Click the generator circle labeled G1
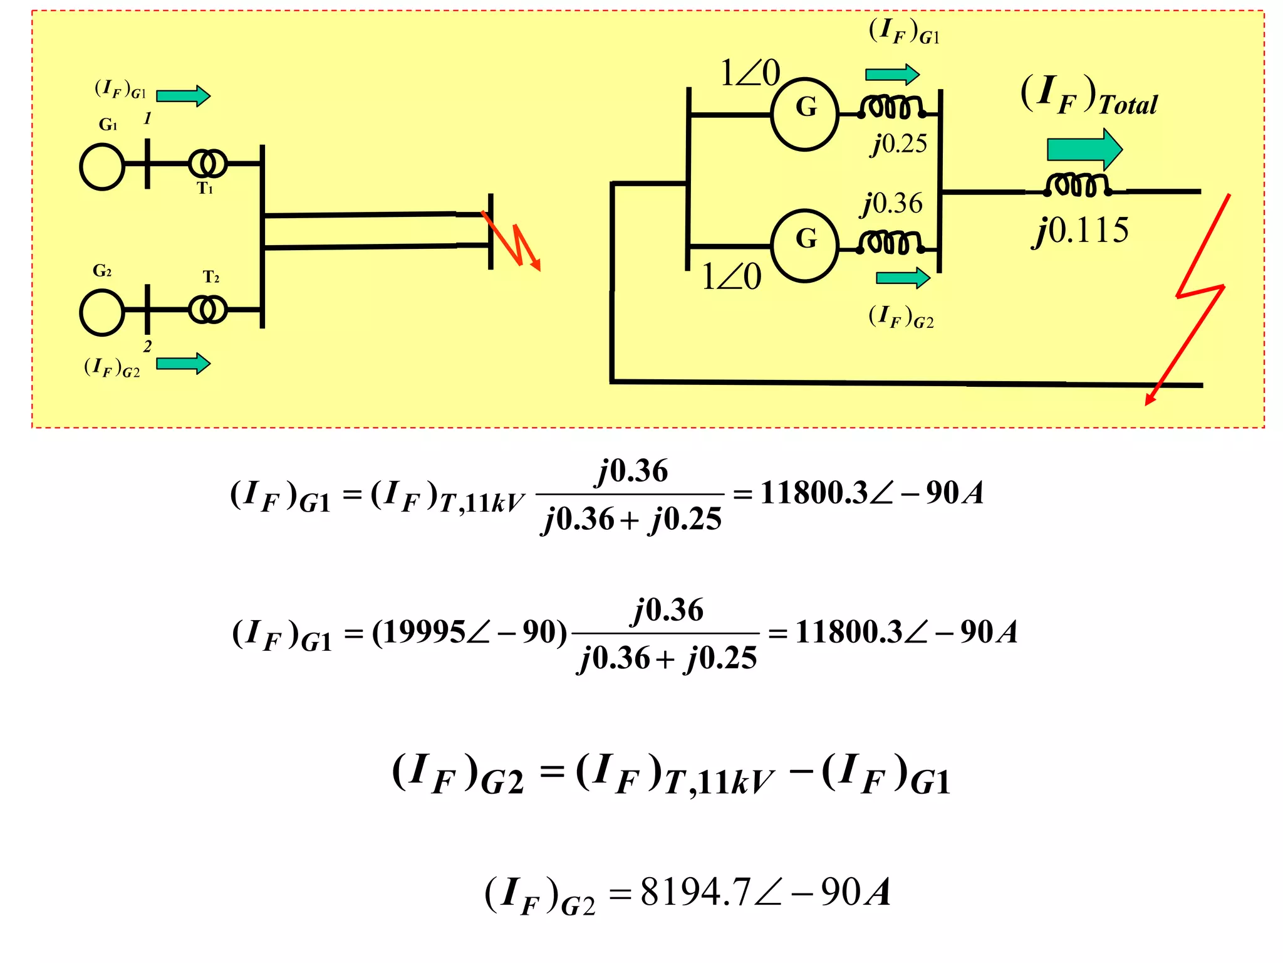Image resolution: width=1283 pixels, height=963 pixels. [x=102, y=166]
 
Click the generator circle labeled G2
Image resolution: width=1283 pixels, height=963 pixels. [x=102, y=312]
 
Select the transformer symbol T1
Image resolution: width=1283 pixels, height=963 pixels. [x=207, y=164]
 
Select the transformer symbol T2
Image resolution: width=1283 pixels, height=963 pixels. [x=207, y=310]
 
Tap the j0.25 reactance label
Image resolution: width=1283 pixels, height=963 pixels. [x=900, y=144]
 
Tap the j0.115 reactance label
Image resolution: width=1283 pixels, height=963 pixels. [x=1081, y=231]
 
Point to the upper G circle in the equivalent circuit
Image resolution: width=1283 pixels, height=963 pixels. [x=804, y=114]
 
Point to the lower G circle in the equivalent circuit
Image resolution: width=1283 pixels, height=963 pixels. [x=804, y=245]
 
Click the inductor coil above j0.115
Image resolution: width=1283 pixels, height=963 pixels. [x=1077, y=185]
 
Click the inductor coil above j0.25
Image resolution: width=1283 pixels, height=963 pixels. [x=892, y=107]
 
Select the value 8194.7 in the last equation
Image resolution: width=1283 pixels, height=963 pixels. [x=695, y=892]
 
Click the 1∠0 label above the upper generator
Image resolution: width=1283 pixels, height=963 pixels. [x=750, y=73]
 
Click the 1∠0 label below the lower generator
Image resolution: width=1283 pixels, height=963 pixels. [x=731, y=276]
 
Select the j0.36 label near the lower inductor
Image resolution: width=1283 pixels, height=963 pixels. [x=892, y=204]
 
